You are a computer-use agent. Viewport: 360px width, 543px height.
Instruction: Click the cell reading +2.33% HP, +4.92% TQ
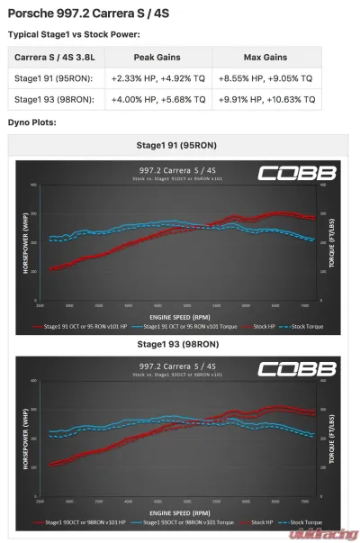(x=155, y=78)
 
